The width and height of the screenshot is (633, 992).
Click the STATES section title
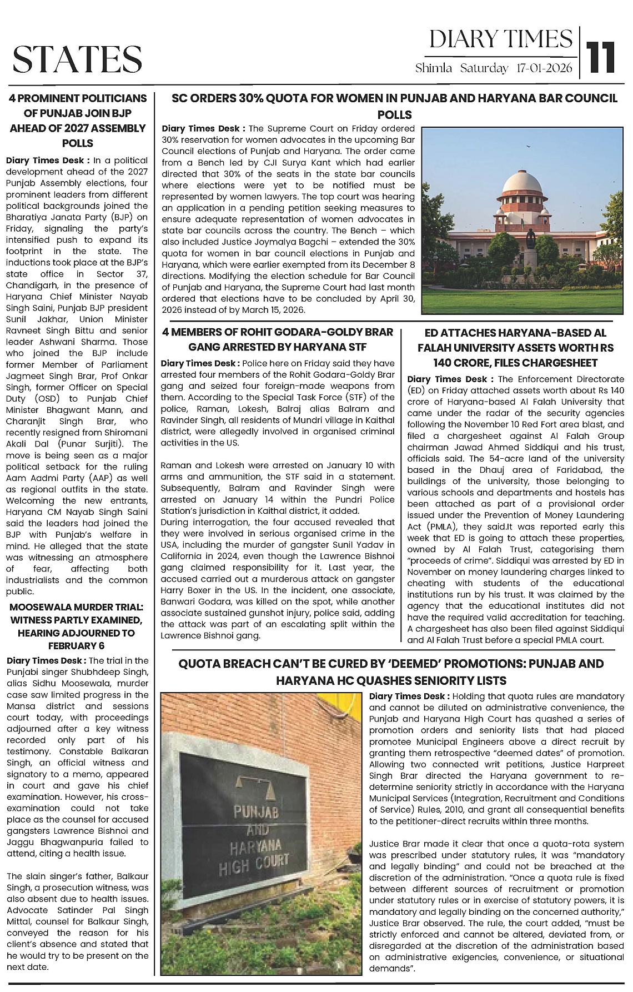click(77, 59)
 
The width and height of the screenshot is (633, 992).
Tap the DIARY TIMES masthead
click(500, 39)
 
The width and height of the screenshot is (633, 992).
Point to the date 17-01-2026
click(544, 68)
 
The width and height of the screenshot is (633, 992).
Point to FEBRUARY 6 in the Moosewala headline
click(76, 645)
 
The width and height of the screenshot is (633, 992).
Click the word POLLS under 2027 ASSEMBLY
click(77, 143)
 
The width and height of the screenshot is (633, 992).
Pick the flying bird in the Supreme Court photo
click(527, 147)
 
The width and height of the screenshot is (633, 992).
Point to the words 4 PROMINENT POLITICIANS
click(77, 99)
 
